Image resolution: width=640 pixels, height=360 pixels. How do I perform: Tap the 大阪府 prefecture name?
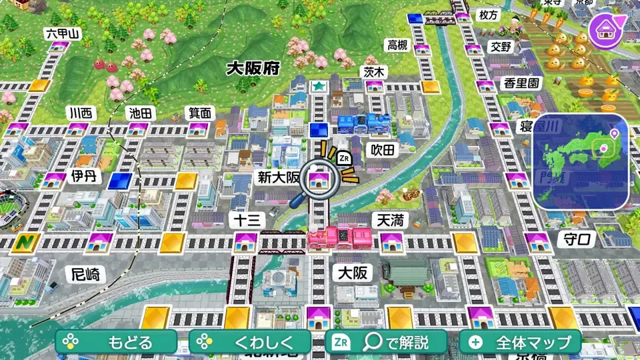coord(252,68)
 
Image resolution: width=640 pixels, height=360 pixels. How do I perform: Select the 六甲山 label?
coord(61,33)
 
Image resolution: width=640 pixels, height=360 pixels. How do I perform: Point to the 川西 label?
coord(79,113)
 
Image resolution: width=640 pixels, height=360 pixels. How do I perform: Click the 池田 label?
coord(141,113)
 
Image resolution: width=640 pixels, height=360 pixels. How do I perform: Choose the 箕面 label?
coord(199,113)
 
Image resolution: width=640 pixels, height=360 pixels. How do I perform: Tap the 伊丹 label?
coord(83,177)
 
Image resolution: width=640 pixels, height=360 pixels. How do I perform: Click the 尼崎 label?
coord(87,273)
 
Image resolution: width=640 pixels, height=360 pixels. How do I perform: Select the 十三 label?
coord(248,220)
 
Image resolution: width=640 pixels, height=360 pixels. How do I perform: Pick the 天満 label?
coord(391,220)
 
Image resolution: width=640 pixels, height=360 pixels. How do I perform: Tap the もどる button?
coord(117,343)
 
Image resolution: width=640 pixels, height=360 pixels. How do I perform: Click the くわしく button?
coord(250,343)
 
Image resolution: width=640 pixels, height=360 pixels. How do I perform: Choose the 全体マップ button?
coord(520,343)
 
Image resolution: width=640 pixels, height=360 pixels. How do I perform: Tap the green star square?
coord(319,87)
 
